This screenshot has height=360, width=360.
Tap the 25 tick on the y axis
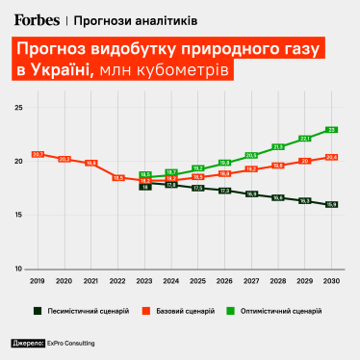(x=17, y=108)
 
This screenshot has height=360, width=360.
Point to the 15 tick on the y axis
(x=17, y=215)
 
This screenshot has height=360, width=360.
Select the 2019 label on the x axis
(x=38, y=280)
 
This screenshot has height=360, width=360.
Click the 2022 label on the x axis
(x=118, y=280)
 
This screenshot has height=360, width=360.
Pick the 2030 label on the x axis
(x=331, y=280)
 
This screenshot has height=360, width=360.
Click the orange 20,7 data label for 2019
(x=38, y=154)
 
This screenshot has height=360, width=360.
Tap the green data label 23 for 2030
(x=331, y=130)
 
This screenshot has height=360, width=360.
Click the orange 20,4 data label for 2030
(x=331, y=157)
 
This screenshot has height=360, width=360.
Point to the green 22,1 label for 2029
(x=304, y=139)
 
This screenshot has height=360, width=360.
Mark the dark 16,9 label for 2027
(x=251, y=194)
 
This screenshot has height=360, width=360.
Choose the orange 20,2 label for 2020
(x=64, y=159)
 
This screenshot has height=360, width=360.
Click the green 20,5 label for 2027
(x=251, y=155)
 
